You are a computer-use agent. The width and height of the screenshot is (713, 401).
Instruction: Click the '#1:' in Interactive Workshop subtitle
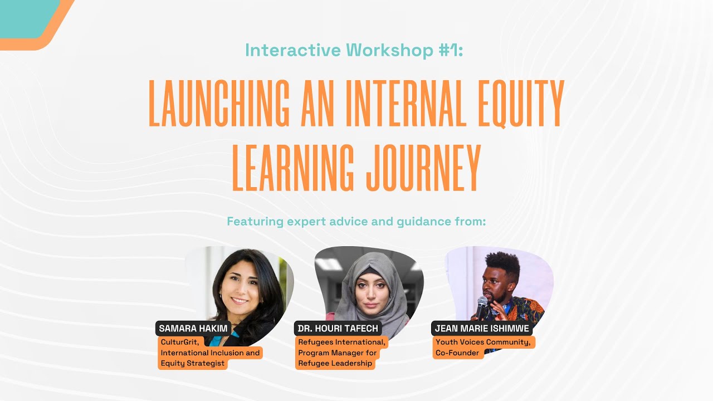point(449,50)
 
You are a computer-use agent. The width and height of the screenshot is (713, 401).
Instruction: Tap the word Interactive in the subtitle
point(293,50)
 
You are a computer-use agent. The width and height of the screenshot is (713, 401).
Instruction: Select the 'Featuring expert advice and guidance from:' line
point(356,221)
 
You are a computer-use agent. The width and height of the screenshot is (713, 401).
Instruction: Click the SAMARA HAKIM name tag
point(193,329)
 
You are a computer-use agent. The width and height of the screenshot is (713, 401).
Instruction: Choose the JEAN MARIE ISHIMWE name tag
point(481,329)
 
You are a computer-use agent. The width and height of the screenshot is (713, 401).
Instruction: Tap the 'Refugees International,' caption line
point(341,342)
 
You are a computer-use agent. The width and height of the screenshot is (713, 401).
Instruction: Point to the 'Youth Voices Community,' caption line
point(483,342)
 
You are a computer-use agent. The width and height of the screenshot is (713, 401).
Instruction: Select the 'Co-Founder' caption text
point(457,353)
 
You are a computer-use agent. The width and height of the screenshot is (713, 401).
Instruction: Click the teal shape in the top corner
point(25,17)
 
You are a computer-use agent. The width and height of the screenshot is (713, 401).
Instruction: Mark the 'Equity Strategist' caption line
point(192,364)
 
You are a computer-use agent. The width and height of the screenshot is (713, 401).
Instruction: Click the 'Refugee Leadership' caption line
point(335,364)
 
